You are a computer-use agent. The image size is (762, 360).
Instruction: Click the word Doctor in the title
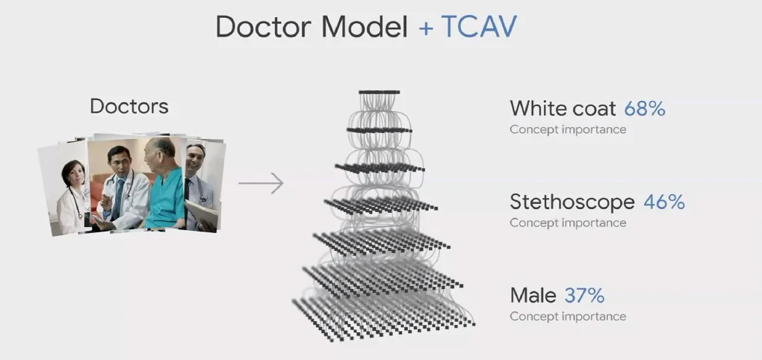263,28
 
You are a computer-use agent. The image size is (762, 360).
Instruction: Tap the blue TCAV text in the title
478,28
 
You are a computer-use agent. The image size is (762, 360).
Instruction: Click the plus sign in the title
426,28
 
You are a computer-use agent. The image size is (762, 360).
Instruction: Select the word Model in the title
364,28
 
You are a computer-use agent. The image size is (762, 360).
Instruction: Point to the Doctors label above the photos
129,106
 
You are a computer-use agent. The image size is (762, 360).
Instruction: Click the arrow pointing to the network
261,183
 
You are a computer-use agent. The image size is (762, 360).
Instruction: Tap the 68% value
645,109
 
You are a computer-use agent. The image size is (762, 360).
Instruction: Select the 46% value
664,202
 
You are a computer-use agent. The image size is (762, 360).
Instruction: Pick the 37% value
584,295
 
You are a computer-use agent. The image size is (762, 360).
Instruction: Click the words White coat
563,109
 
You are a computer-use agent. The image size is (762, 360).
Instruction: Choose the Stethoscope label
572,202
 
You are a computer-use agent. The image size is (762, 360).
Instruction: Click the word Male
533,295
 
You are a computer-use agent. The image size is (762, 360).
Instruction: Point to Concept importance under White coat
568,130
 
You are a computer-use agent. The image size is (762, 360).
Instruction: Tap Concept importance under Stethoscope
568,223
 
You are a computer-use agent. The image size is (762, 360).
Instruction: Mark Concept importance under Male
568,316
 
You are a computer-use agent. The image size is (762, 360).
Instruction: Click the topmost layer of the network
379,92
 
